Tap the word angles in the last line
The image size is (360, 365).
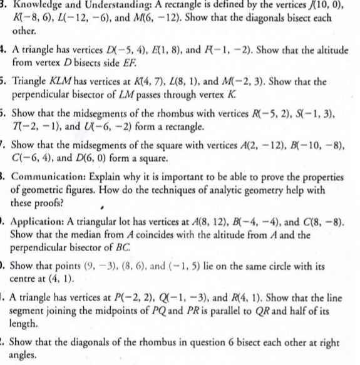(x=26, y=356)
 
